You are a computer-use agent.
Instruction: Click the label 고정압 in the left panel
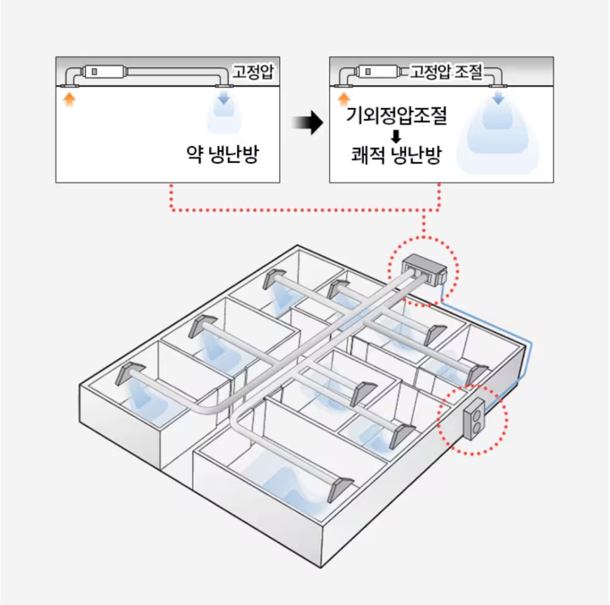pos(253,71)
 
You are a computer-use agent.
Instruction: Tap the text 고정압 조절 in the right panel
pos(446,71)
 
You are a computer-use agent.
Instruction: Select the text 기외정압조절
pos(397,115)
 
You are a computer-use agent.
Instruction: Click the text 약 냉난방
pos(222,155)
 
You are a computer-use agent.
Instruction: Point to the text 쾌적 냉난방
pos(397,155)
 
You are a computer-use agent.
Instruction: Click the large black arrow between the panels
pos(308,122)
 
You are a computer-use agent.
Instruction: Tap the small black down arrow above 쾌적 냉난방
pos(396,136)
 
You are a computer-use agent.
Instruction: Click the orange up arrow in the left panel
pos(69,99)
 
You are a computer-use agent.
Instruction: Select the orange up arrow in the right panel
pos(344,99)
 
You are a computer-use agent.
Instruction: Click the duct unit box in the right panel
pos(378,72)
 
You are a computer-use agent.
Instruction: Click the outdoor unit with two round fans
pos(475,419)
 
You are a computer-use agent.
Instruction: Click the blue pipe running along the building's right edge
pos(530,349)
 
